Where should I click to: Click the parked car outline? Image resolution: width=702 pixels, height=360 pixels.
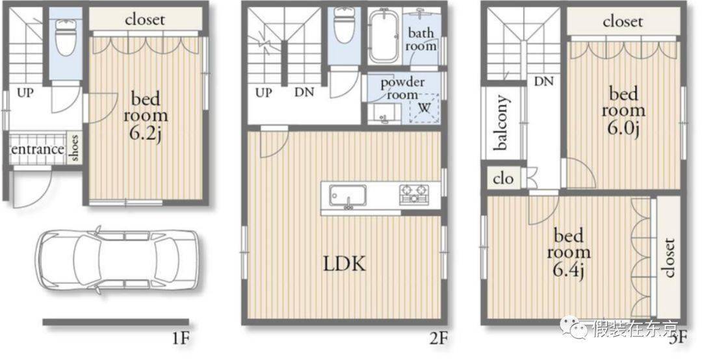117,259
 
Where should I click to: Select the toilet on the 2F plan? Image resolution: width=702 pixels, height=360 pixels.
344,27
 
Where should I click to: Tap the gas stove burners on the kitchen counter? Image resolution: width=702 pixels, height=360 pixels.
414,194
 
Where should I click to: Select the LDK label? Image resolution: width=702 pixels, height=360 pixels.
344,264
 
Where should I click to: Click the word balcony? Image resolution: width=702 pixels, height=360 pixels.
502,122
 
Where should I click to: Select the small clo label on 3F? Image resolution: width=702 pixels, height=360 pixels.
503,179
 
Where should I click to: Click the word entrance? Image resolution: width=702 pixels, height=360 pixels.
37,149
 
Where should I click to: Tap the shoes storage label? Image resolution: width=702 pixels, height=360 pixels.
74,148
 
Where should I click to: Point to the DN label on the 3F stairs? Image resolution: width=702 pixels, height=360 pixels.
543,81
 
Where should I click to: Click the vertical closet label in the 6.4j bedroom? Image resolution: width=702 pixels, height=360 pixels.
669,258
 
